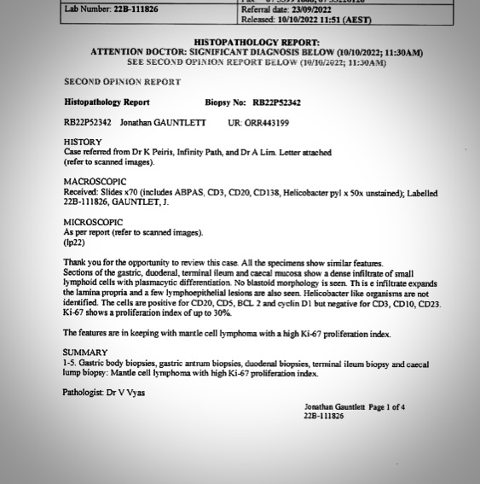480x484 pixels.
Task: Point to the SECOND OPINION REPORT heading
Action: [122, 82]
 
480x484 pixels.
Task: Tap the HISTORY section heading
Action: [82, 142]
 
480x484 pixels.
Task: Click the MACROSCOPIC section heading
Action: [94, 182]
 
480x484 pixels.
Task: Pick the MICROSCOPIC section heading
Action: [93, 221]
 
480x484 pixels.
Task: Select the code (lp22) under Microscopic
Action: [75, 242]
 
